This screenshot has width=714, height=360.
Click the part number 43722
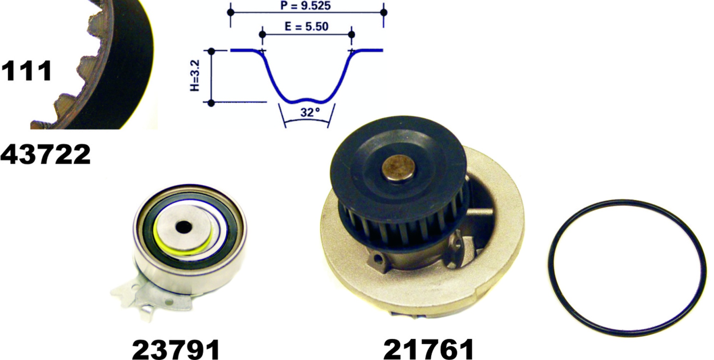coord(45,155)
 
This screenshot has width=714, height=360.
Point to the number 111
coord(27,71)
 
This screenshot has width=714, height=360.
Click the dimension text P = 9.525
coord(305,6)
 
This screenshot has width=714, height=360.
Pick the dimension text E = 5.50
coord(306,27)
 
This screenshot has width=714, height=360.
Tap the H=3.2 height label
coord(195,75)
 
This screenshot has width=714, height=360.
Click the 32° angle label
coord(310,112)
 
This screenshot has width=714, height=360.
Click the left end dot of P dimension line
coord(231,12)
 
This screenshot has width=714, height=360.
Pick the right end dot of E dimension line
coord(351,35)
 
